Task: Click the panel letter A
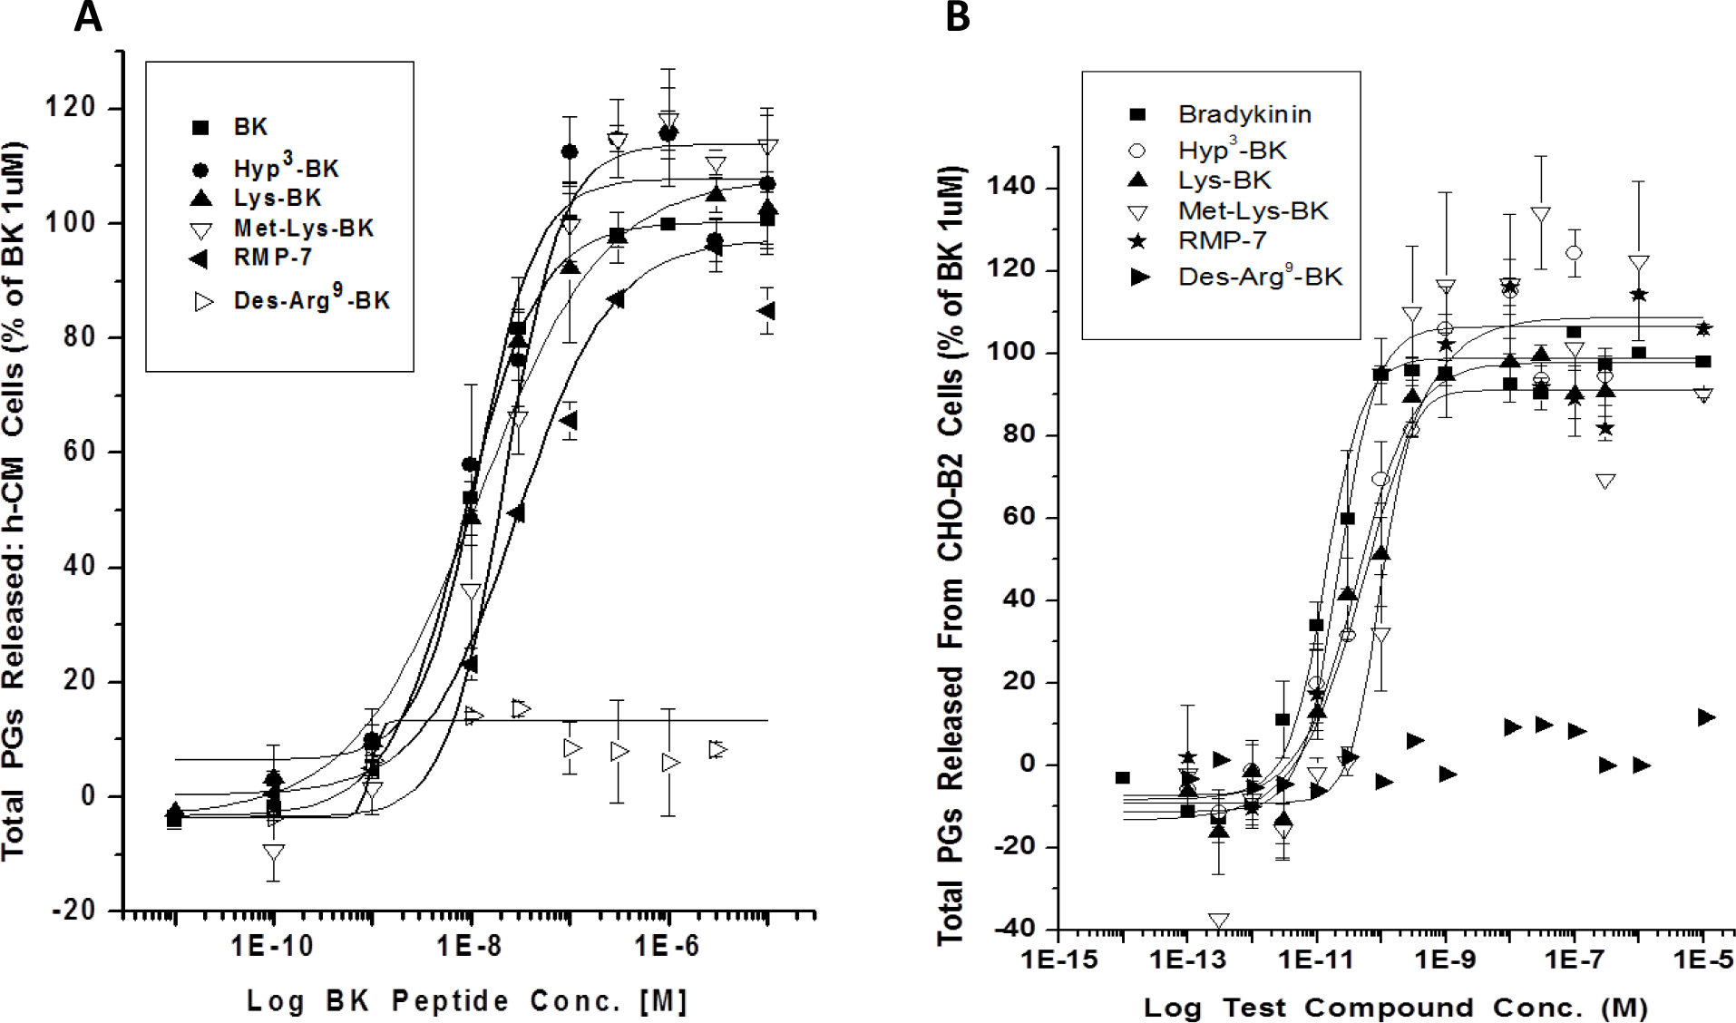pyautogui.click(x=88, y=17)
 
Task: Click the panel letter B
pyautogui.click(x=958, y=17)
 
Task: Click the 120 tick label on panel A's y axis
pyautogui.click(x=71, y=107)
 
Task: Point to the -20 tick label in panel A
pyautogui.click(x=73, y=910)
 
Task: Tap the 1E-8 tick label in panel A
pyautogui.click(x=469, y=947)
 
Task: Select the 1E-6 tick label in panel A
pyautogui.click(x=667, y=947)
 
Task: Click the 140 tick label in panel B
pyautogui.click(x=1011, y=187)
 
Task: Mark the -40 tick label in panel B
pyautogui.click(x=1011, y=929)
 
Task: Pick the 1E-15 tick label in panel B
pyautogui.click(x=1059, y=960)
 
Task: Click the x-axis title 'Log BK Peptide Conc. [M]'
pyautogui.click(x=468, y=1001)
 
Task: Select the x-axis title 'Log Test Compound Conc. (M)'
pyautogui.click(x=1395, y=1008)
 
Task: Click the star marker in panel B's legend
pyautogui.click(x=1137, y=241)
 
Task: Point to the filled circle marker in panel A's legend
pyautogui.click(x=201, y=170)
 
